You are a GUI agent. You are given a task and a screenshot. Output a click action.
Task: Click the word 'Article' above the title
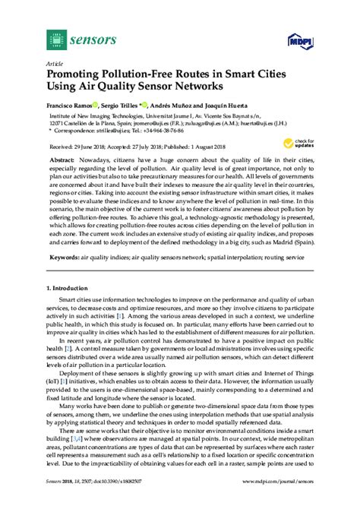click(55, 64)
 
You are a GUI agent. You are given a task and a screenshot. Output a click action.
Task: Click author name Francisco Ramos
click(72, 103)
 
